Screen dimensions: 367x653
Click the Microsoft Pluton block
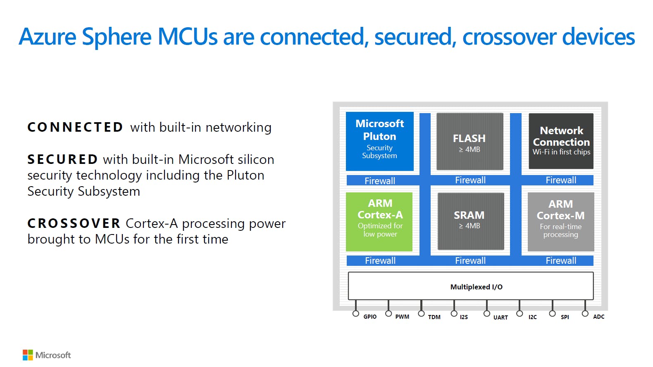pos(379,141)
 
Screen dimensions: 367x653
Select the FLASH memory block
pos(469,141)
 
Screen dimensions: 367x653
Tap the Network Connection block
pos(561,141)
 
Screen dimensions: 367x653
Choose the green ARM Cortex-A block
pos(379,222)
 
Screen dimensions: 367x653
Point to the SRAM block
pos(470,221)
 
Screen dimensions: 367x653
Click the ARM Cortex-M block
pos(561,222)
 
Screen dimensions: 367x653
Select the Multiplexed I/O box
pos(471,286)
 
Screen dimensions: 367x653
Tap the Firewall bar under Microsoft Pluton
pos(380,181)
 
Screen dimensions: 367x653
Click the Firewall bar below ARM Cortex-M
pos(561,260)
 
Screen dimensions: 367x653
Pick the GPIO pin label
pos(370,317)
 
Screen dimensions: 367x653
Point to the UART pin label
pos(500,317)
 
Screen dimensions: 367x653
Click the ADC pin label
pos(598,317)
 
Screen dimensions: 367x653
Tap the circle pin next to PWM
pos(388,314)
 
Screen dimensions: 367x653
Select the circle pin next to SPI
pos(552,314)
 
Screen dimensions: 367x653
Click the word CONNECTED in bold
pos(75,127)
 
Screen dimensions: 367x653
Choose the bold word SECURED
pos(62,159)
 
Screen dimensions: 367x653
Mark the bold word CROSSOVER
pos(74,223)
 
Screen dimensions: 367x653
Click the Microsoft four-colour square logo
pos(28,355)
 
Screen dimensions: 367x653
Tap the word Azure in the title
pos(48,36)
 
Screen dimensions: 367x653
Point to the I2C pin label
pos(532,317)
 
